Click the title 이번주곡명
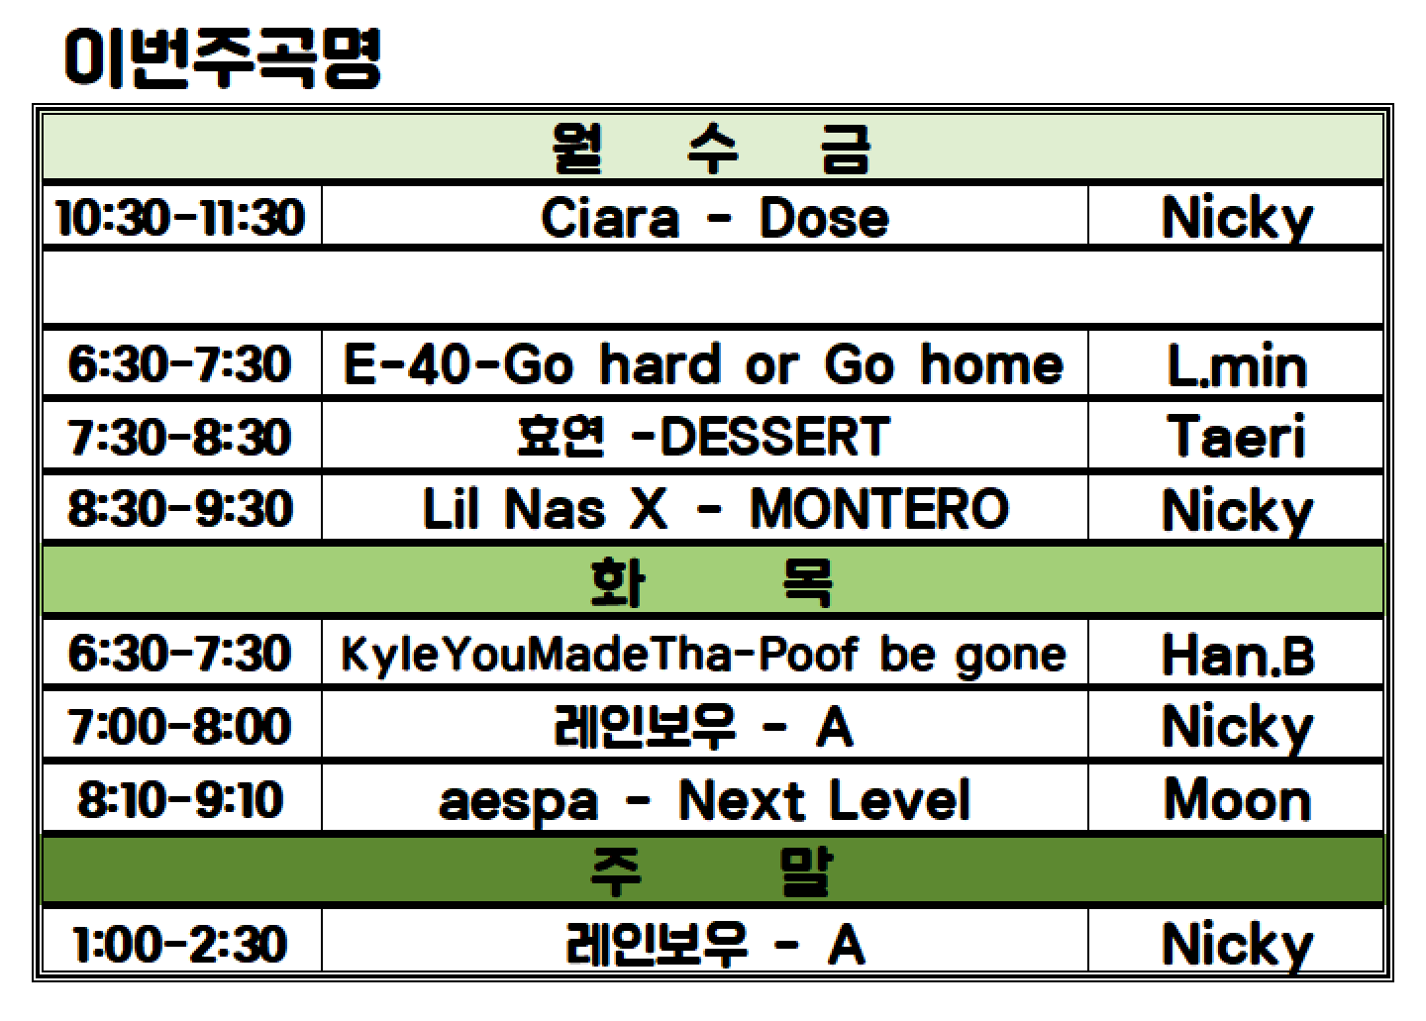[222, 57]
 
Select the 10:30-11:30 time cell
[181, 218]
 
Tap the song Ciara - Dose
[714, 218]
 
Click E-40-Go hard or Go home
[703, 364]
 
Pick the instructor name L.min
[1237, 365]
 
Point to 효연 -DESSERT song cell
[703, 436]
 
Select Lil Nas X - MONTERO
[716, 509]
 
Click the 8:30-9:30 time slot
[180, 509]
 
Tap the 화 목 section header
[712, 581]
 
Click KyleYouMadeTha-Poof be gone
[703, 655]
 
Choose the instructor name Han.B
[1238, 655]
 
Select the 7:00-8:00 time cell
[179, 726]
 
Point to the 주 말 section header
[712, 871]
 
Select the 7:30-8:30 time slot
[179, 438]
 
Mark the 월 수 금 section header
[712, 149]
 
